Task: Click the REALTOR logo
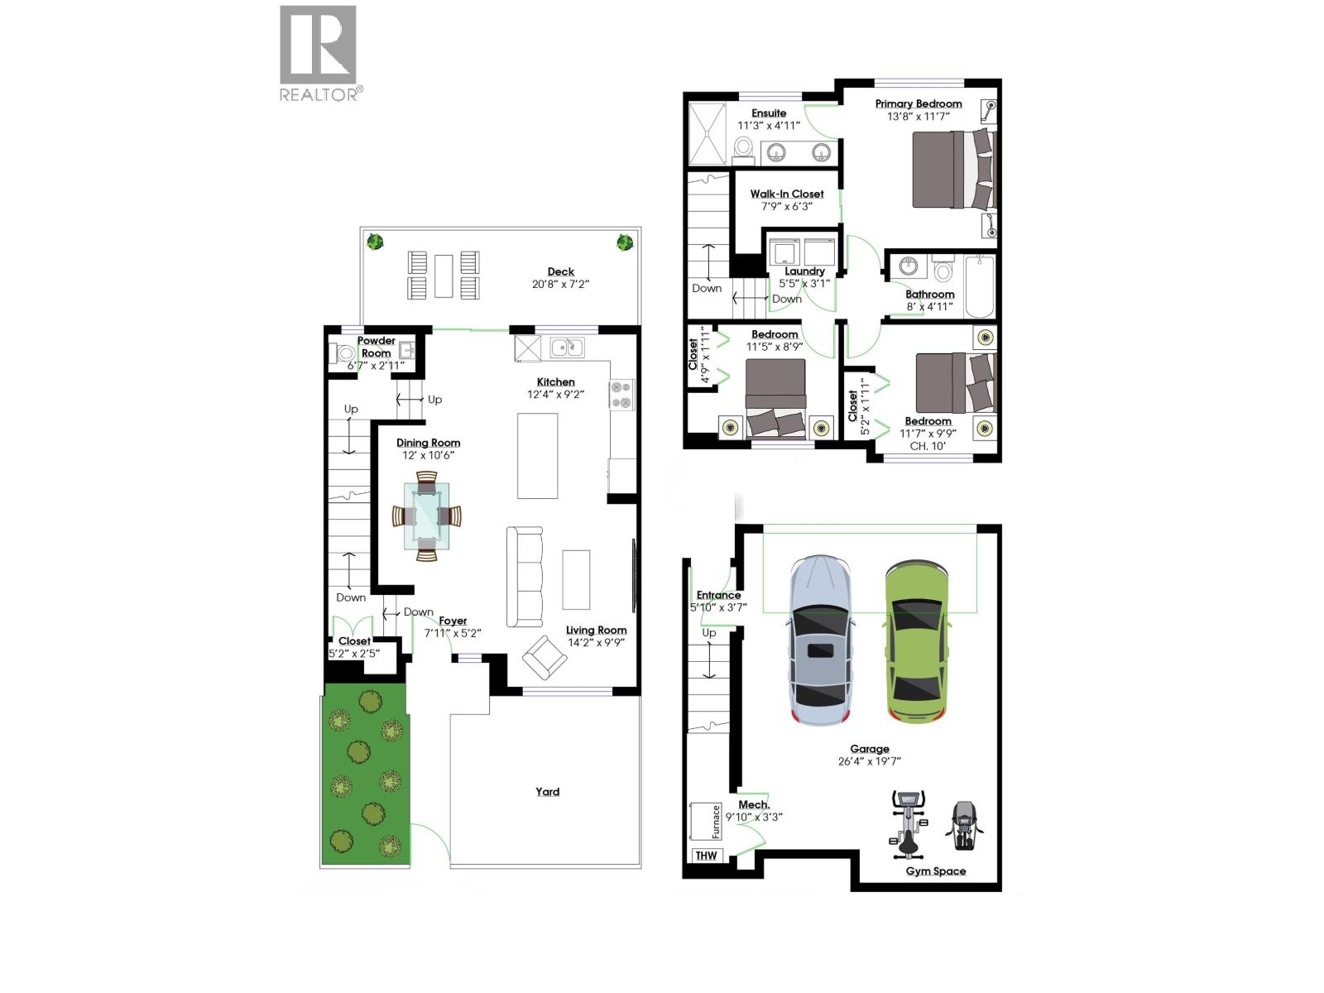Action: point(319,51)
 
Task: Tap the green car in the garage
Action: point(915,642)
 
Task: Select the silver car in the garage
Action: point(820,642)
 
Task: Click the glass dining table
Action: point(427,516)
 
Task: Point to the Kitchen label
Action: point(555,382)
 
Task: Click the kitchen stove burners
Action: point(622,394)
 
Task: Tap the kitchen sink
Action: point(567,348)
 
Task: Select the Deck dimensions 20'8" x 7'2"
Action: point(560,285)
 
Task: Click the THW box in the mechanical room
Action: point(706,856)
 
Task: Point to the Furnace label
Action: point(715,822)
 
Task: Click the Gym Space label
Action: point(935,871)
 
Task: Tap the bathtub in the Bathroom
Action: point(980,286)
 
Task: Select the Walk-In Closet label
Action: point(787,194)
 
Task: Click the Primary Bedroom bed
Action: point(952,169)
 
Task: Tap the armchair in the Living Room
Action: point(544,657)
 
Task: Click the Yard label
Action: point(547,792)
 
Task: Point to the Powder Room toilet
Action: point(343,354)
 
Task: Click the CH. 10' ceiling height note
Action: point(928,446)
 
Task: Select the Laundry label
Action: point(804,271)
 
